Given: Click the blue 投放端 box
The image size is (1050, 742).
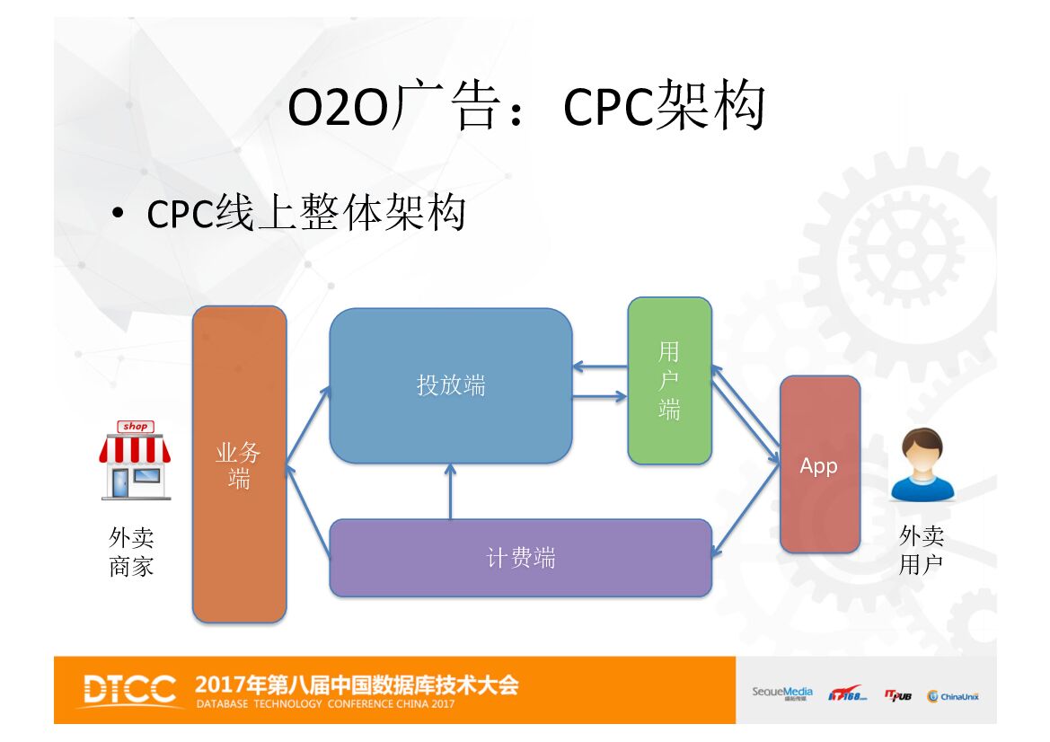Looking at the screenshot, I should (x=450, y=385).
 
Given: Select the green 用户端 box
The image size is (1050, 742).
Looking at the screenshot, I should (x=669, y=381).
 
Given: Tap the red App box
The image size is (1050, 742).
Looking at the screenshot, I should (x=819, y=464).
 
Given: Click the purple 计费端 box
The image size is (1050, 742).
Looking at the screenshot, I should (x=520, y=558).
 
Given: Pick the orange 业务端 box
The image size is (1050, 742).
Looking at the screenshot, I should (x=239, y=464).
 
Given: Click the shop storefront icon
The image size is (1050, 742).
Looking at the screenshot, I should (x=135, y=459).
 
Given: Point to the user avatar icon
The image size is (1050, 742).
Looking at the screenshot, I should (x=922, y=464).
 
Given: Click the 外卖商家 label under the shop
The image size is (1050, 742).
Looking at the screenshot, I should (x=131, y=552).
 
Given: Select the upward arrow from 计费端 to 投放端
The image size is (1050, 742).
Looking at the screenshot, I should (x=451, y=492).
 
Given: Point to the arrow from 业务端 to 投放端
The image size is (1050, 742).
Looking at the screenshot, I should (x=308, y=426).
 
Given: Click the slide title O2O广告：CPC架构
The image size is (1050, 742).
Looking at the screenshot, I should (x=525, y=108).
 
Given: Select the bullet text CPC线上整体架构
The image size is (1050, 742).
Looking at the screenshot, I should (x=305, y=214).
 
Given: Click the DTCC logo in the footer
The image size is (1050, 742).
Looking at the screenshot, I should (x=130, y=690).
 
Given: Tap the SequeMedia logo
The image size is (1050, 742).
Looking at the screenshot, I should (x=781, y=693).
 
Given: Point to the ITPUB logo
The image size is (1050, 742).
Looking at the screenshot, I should (x=897, y=695).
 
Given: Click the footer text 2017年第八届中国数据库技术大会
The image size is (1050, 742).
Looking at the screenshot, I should (x=357, y=685).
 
